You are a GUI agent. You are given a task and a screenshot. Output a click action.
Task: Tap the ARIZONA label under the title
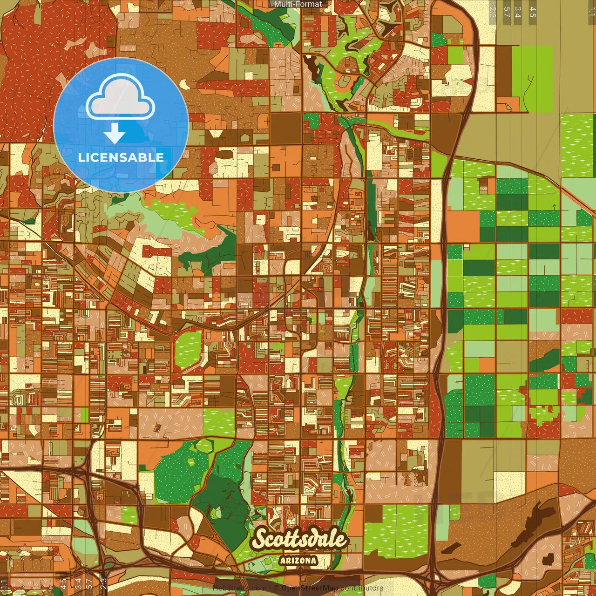(298, 561)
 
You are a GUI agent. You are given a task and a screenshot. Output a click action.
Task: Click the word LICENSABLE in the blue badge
(121, 157)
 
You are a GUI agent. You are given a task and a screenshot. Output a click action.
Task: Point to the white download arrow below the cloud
(115, 134)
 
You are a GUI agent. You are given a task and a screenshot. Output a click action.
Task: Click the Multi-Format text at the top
(298, 4)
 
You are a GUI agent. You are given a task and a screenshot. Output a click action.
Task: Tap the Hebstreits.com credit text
(240, 588)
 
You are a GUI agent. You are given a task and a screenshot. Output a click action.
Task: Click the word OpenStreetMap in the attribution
(310, 588)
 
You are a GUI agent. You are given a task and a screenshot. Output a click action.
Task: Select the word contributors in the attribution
(362, 588)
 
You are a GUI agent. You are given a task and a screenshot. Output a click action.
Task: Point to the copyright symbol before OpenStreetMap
(276, 588)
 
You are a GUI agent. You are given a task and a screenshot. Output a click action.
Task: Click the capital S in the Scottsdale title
(260, 539)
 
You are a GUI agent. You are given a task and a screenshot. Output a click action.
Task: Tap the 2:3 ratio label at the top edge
(493, 12)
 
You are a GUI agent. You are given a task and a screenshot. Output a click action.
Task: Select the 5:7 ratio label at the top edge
(507, 12)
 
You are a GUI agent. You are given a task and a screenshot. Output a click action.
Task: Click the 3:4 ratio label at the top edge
(518, 12)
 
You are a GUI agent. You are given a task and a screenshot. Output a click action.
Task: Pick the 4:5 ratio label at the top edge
(533, 12)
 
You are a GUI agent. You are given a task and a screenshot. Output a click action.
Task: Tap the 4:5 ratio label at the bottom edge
(63, 584)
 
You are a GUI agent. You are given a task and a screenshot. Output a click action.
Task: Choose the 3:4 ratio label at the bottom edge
(78, 584)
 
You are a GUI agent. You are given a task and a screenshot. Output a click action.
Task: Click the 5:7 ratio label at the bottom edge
(89, 584)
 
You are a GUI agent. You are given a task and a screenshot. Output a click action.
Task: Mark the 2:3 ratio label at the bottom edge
(103, 584)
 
